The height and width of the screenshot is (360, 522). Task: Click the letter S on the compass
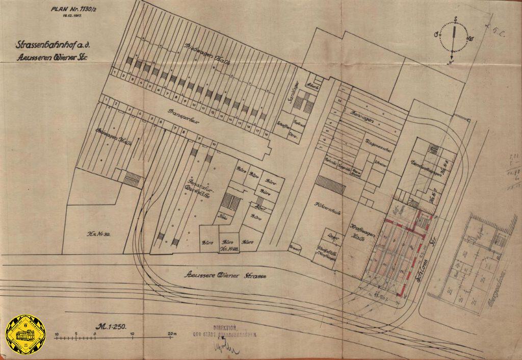(x=453, y=21)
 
